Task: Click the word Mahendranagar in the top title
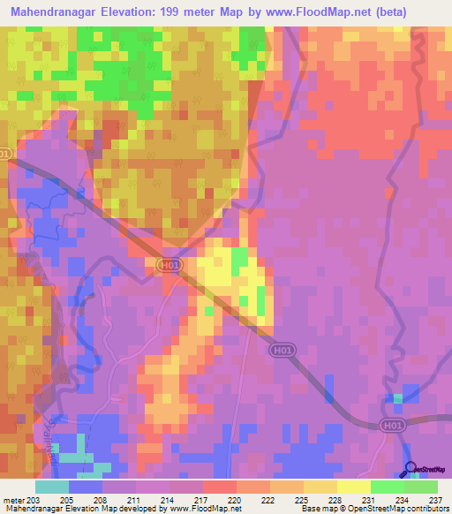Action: pos(61,12)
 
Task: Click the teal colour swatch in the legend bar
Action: pos(52,487)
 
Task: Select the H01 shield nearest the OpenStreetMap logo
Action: pos(395,426)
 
